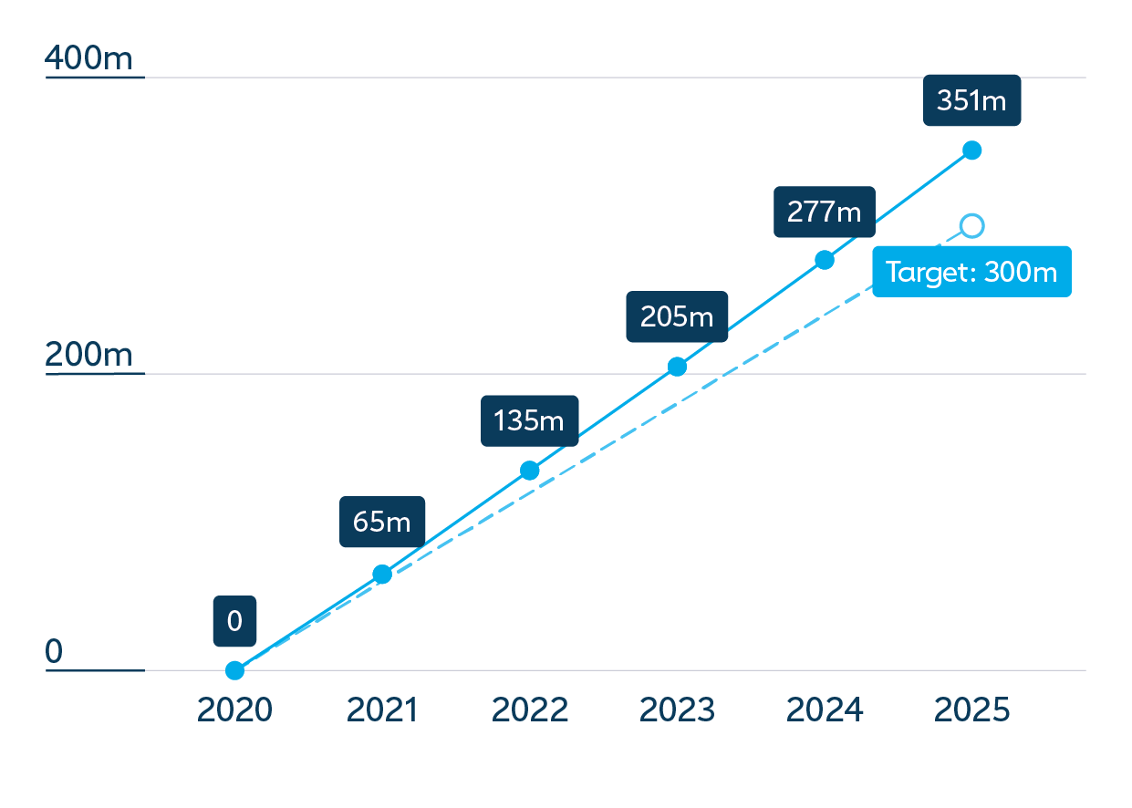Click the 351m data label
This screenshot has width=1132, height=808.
971,100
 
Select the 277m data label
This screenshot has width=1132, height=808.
825,212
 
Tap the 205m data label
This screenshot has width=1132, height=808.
677,316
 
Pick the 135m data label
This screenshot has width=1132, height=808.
529,420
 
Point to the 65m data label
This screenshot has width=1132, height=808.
381,521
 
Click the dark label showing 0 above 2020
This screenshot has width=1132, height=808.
234,620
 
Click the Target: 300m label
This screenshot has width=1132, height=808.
971,272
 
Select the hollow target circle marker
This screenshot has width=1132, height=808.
971,226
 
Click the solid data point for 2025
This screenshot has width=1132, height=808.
971,150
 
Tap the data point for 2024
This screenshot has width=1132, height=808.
825,260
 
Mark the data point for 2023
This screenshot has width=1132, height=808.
677,367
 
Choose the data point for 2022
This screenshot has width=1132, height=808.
529,470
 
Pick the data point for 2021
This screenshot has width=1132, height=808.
382,574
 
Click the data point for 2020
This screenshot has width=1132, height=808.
234,670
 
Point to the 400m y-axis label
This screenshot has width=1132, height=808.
88,57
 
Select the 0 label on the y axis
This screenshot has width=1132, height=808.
54,650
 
